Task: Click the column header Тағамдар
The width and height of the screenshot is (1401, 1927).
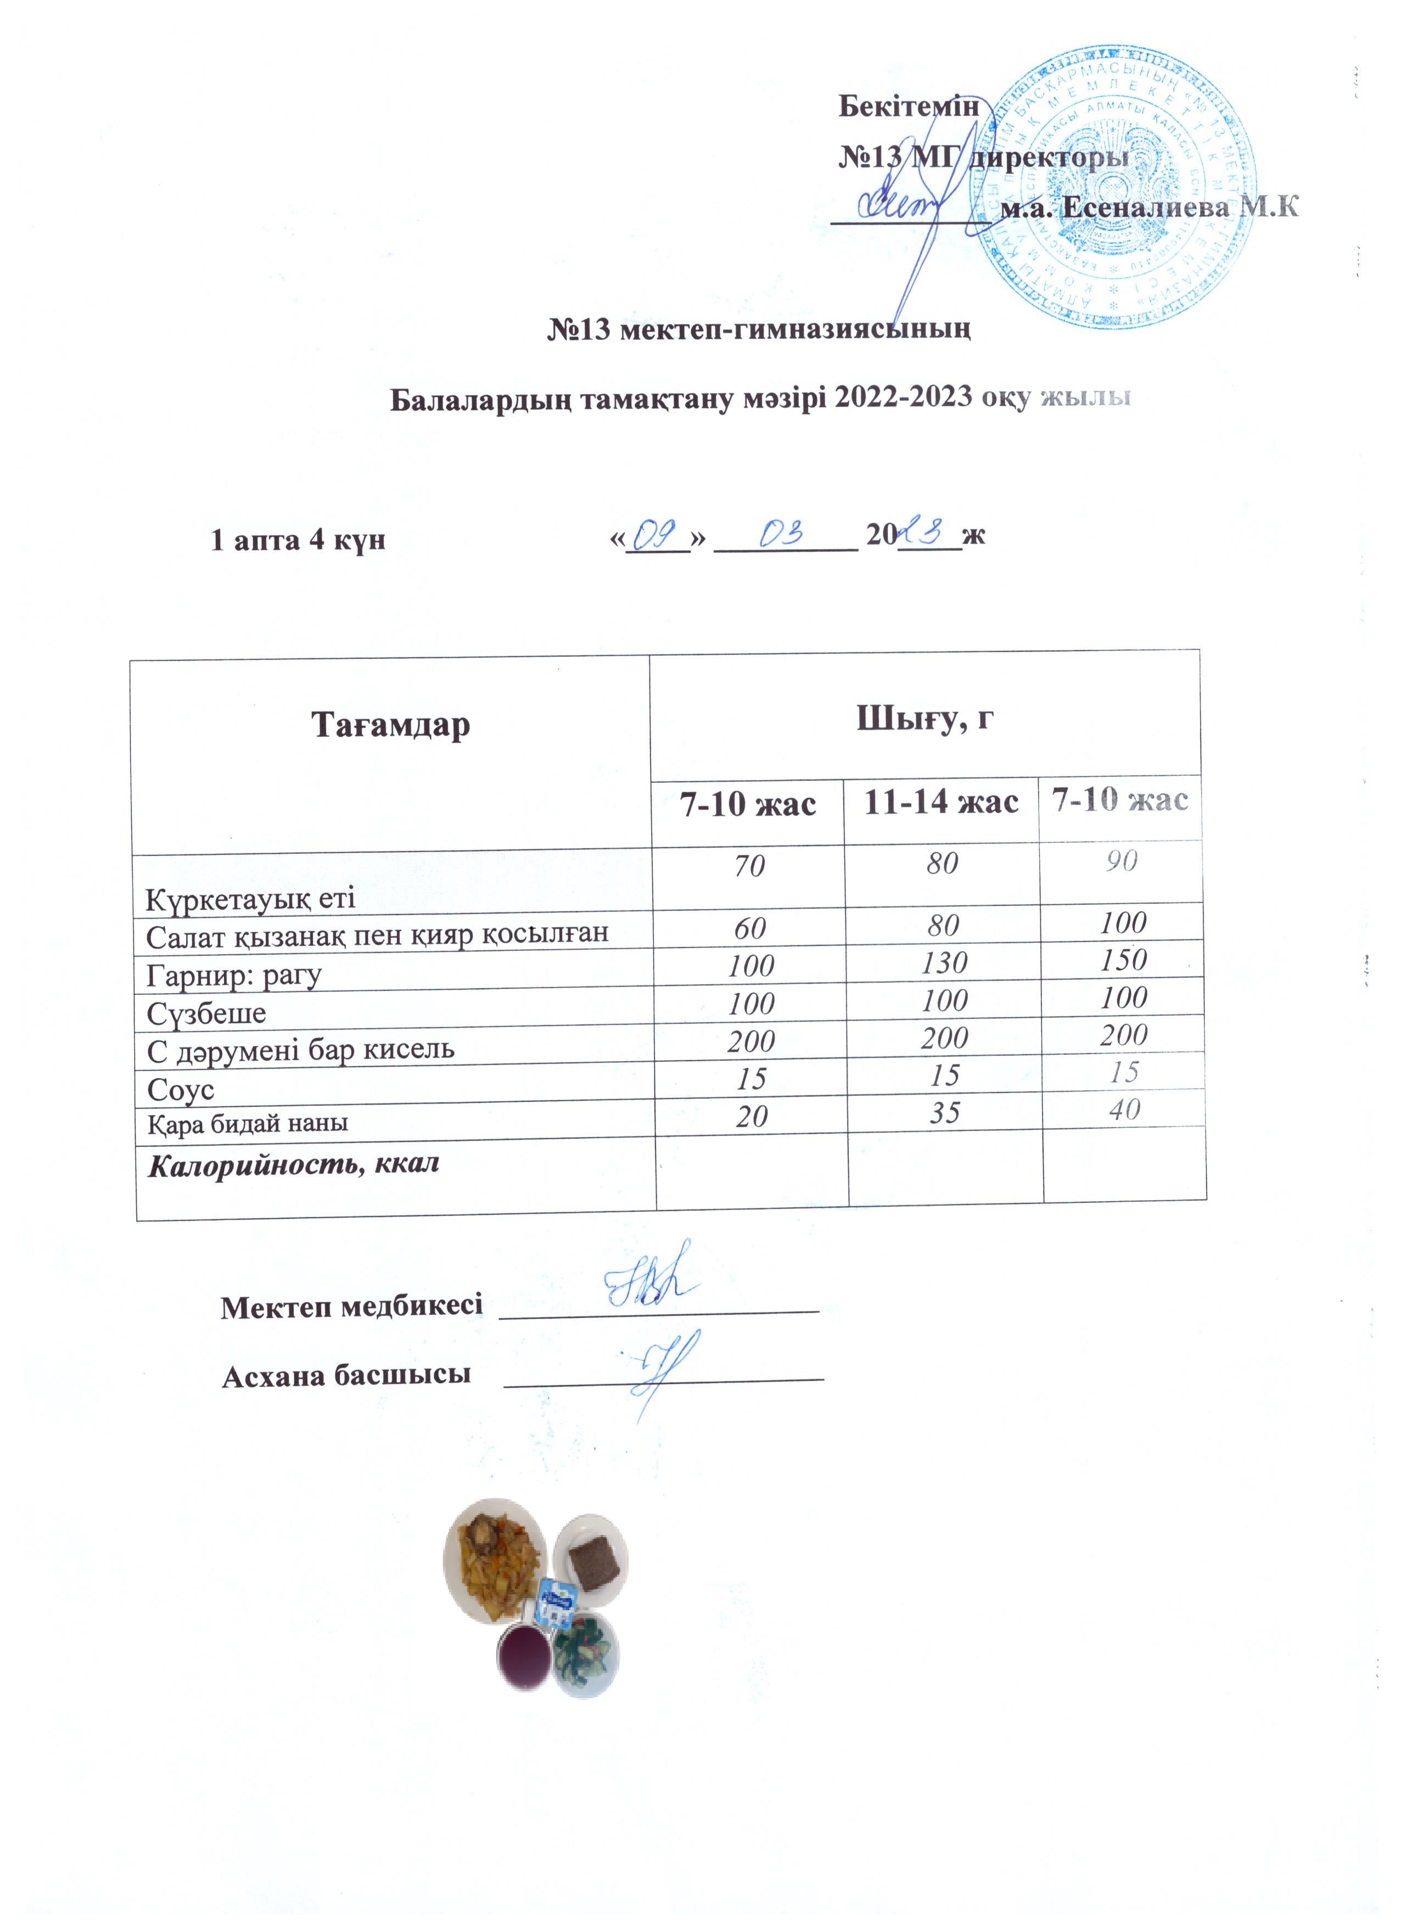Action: [x=391, y=725]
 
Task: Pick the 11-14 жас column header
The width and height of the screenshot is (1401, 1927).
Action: [x=940, y=801]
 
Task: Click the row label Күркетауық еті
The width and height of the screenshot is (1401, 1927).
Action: [x=251, y=898]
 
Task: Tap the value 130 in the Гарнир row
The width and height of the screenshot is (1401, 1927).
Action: [x=944, y=962]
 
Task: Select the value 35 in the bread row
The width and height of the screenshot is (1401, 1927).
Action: [x=944, y=1112]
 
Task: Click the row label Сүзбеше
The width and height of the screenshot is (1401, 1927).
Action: [x=206, y=1013]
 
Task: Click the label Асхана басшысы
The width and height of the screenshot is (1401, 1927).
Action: [x=346, y=1374]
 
